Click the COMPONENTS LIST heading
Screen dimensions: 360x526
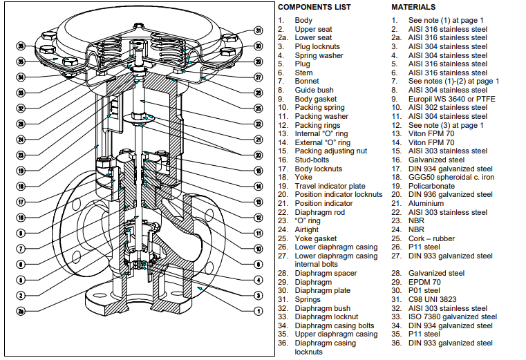click(314, 7)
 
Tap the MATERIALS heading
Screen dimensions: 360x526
click(413, 7)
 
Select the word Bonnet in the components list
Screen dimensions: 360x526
click(307, 82)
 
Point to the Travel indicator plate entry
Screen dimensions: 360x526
click(330, 187)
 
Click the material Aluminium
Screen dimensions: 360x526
click(426, 204)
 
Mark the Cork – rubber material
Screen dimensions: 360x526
click(431, 239)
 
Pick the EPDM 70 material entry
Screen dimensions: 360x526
click(426, 283)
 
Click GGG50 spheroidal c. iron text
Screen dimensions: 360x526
click(450, 178)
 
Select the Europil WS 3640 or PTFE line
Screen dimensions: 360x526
click(452, 99)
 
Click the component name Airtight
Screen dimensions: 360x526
click(307, 230)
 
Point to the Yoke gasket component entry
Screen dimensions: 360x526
click(316, 239)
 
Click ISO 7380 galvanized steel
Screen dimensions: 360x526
click(453, 317)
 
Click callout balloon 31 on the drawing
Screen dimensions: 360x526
click(258, 31)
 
